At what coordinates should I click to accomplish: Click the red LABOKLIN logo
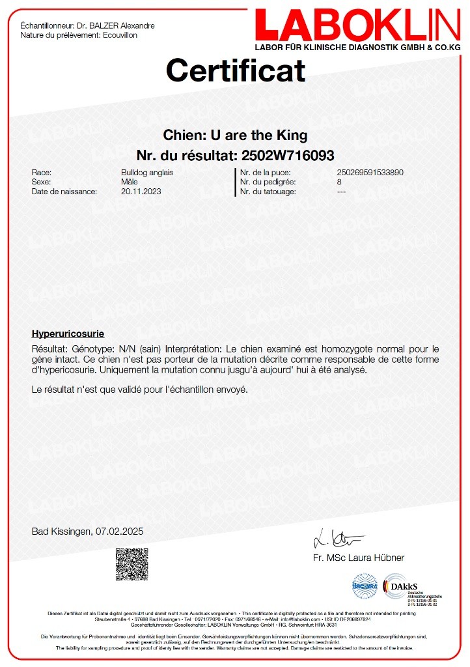click(357, 26)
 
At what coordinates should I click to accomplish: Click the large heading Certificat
click(235, 70)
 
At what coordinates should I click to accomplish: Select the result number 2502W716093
click(288, 156)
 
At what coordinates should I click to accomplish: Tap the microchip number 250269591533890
click(370, 173)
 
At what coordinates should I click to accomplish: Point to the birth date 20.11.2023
click(141, 192)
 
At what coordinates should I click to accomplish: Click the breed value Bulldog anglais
click(147, 173)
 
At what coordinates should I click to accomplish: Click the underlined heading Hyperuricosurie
click(68, 333)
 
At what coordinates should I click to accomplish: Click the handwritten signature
click(339, 539)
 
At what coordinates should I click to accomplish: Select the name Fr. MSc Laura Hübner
click(359, 558)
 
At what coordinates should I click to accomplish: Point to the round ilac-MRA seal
click(365, 586)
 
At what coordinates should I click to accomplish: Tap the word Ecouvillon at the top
click(120, 35)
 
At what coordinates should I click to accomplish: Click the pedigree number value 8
click(339, 182)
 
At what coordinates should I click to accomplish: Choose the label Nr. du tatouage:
click(268, 192)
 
